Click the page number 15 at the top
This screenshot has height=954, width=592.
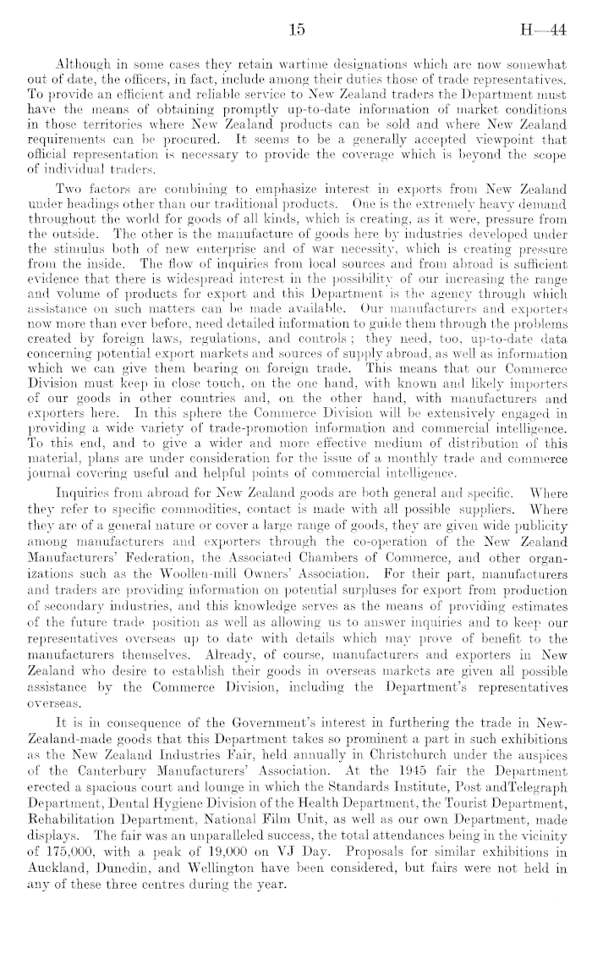point(296,30)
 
